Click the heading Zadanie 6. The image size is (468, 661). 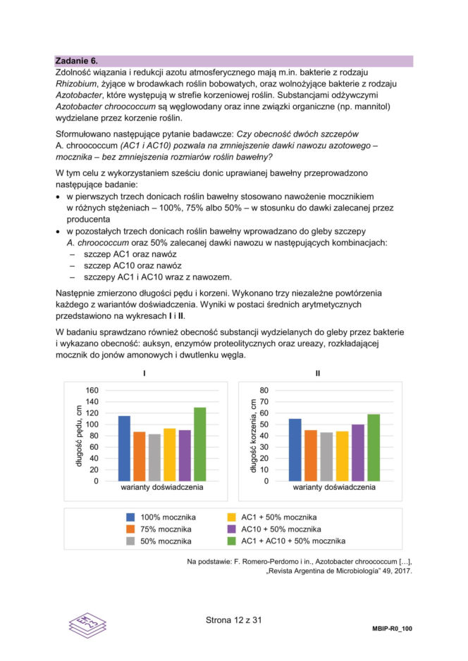(x=77, y=61)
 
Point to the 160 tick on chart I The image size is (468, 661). (x=92, y=390)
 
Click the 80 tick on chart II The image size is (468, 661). (x=264, y=390)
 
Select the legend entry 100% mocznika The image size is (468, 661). (x=168, y=517)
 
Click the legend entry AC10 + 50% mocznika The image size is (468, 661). (x=281, y=529)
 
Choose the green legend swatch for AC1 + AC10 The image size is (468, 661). (x=232, y=541)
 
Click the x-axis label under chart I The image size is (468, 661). (x=161, y=486)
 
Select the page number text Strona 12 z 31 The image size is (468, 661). (x=233, y=620)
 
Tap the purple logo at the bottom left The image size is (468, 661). (x=87, y=625)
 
